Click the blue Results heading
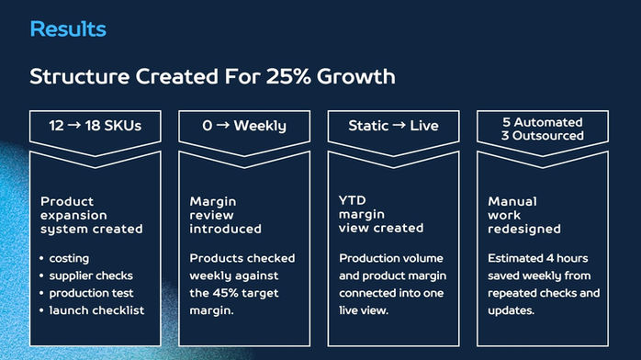tap(68, 29)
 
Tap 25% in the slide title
tap(288, 76)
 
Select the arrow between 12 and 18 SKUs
tap(74, 125)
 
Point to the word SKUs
tap(123, 126)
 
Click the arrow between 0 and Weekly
tap(223, 125)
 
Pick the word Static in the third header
tap(368, 126)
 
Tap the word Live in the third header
tap(424, 126)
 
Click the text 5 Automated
tap(543, 122)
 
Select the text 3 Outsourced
tap(543, 136)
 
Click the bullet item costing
tap(69, 259)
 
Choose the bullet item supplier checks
tap(91, 276)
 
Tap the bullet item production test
tap(91, 293)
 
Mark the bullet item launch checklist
tap(96, 310)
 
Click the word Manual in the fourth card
tap(512, 201)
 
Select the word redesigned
tap(524, 230)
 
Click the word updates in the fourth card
tap(511, 311)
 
